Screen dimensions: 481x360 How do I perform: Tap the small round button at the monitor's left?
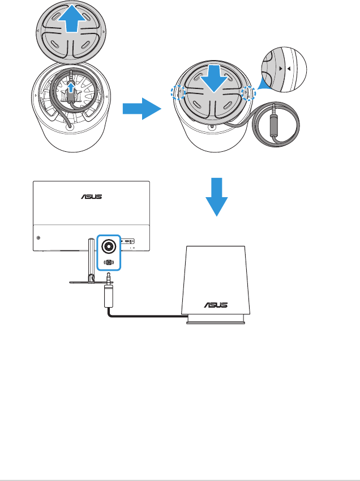tap(38, 239)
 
